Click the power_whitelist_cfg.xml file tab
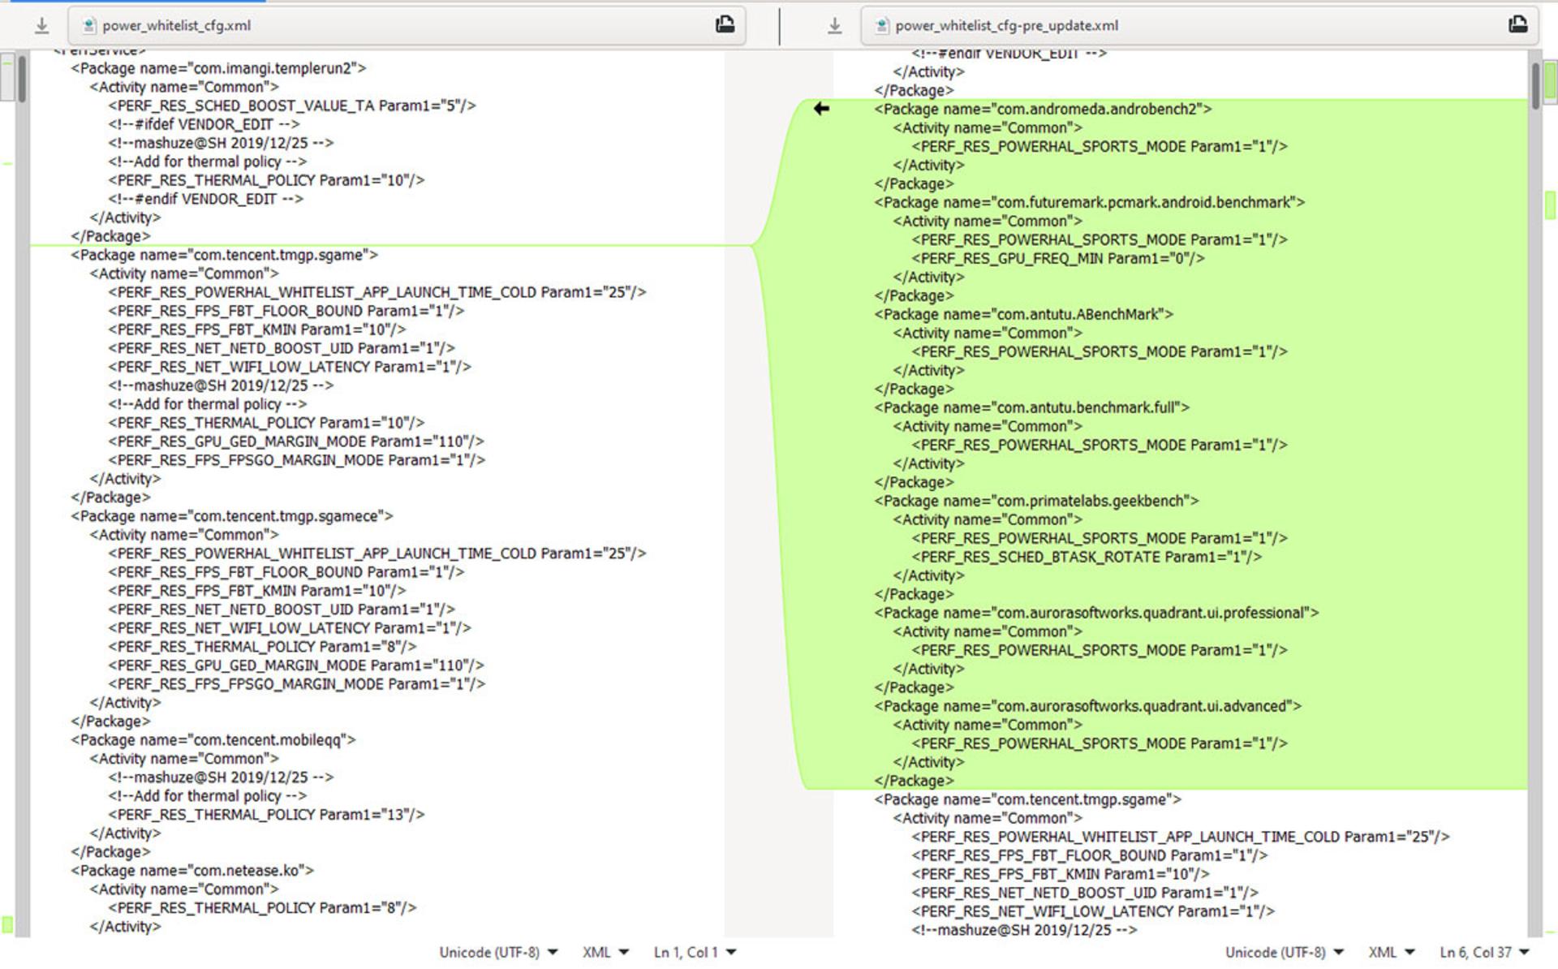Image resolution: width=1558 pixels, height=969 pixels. click(x=176, y=25)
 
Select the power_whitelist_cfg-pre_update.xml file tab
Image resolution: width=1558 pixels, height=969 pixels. click(x=1006, y=25)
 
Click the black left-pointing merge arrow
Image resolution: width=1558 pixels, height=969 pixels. click(x=821, y=109)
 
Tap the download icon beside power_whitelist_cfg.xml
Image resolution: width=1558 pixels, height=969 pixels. click(x=41, y=26)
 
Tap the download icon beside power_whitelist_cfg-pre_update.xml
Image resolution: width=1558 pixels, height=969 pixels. click(x=834, y=26)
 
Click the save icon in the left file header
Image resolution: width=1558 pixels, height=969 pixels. click(x=725, y=25)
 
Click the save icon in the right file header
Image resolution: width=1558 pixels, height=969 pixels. click(x=1517, y=25)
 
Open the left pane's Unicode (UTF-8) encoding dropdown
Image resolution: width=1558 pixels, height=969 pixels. click(x=498, y=952)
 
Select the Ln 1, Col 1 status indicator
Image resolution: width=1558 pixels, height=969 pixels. click(x=695, y=952)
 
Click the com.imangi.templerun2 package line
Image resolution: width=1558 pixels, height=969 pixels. click(x=218, y=68)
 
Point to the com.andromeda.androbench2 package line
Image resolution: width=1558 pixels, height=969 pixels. click(x=1043, y=109)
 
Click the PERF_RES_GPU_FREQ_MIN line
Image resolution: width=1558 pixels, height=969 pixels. click(x=1058, y=258)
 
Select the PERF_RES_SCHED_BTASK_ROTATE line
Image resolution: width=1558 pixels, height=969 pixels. click(x=1087, y=557)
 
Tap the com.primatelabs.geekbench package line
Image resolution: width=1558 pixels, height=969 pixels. click(x=1036, y=501)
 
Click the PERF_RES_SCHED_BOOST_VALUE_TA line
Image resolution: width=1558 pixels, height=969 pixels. click(x=292, y=106)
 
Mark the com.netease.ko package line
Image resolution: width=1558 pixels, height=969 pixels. click(x=192, y=870)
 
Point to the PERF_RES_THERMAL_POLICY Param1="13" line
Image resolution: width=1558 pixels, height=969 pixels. click(x=266, y=814)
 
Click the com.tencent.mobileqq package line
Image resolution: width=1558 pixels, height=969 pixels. click(x=213, y=739)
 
